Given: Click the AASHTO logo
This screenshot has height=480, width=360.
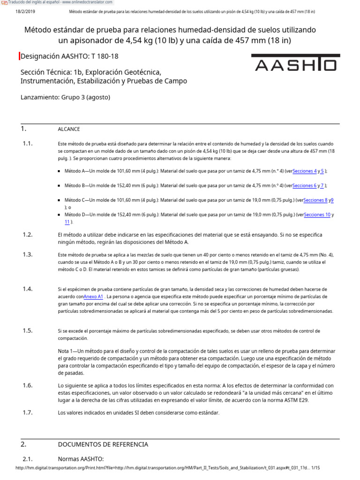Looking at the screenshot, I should (294, 63).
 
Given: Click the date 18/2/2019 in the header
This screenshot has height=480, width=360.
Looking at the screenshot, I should (25, 12).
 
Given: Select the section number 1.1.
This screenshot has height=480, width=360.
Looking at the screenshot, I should (27, 143).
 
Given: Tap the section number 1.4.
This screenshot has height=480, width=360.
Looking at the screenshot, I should (27, 289).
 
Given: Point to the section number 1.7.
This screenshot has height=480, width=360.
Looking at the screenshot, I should (27, 412).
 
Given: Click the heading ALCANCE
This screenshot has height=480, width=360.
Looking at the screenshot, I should (69, 129).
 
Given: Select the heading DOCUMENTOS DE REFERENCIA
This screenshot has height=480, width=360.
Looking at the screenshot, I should (103, 444).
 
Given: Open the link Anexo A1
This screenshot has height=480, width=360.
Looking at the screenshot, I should (93, 297).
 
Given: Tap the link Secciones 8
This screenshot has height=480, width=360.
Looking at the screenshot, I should (315, 200).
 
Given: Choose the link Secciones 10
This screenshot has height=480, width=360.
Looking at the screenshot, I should (317, 215).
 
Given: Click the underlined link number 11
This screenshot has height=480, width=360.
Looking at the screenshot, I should (67, 222).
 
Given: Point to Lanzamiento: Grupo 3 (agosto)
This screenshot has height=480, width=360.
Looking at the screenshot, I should (65, 97).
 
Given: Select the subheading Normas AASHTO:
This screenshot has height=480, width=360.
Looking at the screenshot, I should (80, 458).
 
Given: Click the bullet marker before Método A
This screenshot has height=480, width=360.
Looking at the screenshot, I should (60, 172).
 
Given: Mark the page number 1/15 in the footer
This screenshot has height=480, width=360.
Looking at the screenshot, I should (315, 468).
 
